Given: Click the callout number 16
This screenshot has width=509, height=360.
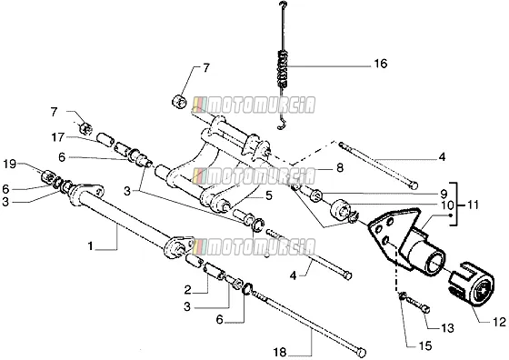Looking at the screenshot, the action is point(381,64).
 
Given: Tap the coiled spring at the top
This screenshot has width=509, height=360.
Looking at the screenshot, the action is point(284,69).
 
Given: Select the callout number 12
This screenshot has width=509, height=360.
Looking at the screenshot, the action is point(500,322).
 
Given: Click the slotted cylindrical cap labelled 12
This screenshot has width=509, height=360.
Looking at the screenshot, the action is point(472,284).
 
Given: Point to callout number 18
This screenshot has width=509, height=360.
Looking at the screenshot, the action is point(280,352).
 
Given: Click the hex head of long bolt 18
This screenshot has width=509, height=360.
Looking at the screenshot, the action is point(362,352).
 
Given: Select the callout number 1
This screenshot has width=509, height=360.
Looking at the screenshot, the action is point(90,246).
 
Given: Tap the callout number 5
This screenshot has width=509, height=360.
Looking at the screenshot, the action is point(269,196).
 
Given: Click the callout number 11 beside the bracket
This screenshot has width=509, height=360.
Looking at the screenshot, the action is point(473,205).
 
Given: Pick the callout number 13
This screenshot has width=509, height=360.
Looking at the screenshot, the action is point(447,328).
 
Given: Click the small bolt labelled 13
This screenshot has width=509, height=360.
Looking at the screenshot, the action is point(418,306).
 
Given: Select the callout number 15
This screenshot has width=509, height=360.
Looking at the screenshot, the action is point(425,345).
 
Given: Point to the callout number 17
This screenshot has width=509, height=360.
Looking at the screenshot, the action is point(58,137).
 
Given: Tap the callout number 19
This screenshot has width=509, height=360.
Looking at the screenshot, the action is point(10,164).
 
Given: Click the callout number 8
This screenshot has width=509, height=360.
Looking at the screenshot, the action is point(340,168).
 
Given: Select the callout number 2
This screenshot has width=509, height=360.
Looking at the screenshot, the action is point(187,290).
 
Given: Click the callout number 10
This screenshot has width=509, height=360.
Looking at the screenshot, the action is point(447,205).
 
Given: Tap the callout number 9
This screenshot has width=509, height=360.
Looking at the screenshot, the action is point(444,195).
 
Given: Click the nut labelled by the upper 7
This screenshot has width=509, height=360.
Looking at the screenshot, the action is point(178,101).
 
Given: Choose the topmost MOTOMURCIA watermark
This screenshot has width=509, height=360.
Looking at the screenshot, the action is point(254,105).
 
